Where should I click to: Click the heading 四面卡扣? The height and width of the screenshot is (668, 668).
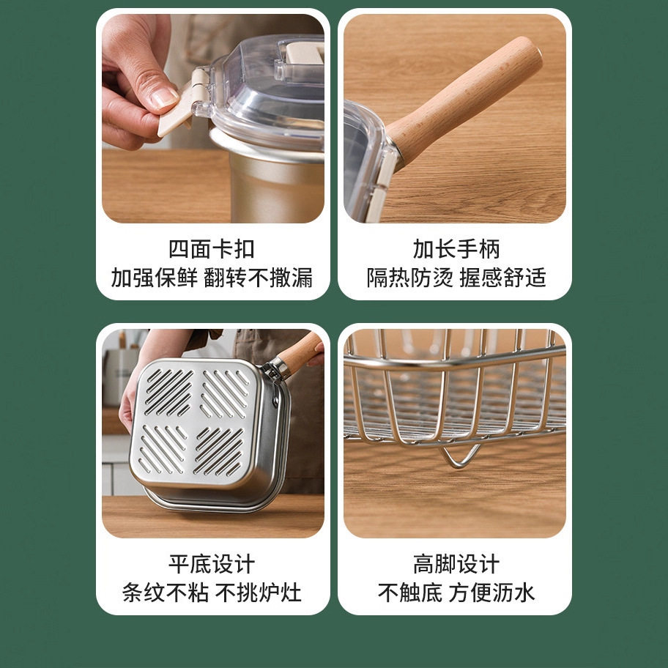212,249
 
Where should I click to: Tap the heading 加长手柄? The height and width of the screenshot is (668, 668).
456,249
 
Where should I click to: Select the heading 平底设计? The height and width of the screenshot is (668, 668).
212,564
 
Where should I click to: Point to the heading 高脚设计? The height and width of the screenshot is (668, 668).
456,564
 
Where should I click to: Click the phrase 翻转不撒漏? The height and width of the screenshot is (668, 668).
258,278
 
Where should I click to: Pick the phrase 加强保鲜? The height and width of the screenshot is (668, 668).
155,278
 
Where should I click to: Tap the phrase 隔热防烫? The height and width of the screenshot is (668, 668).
410,278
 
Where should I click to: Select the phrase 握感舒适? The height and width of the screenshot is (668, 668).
502,278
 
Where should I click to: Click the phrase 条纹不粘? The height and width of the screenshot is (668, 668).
166,593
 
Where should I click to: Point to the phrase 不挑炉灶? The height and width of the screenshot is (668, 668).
258,593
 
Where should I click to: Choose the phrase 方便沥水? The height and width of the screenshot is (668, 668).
491,593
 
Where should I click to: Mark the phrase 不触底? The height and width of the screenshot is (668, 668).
410,593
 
